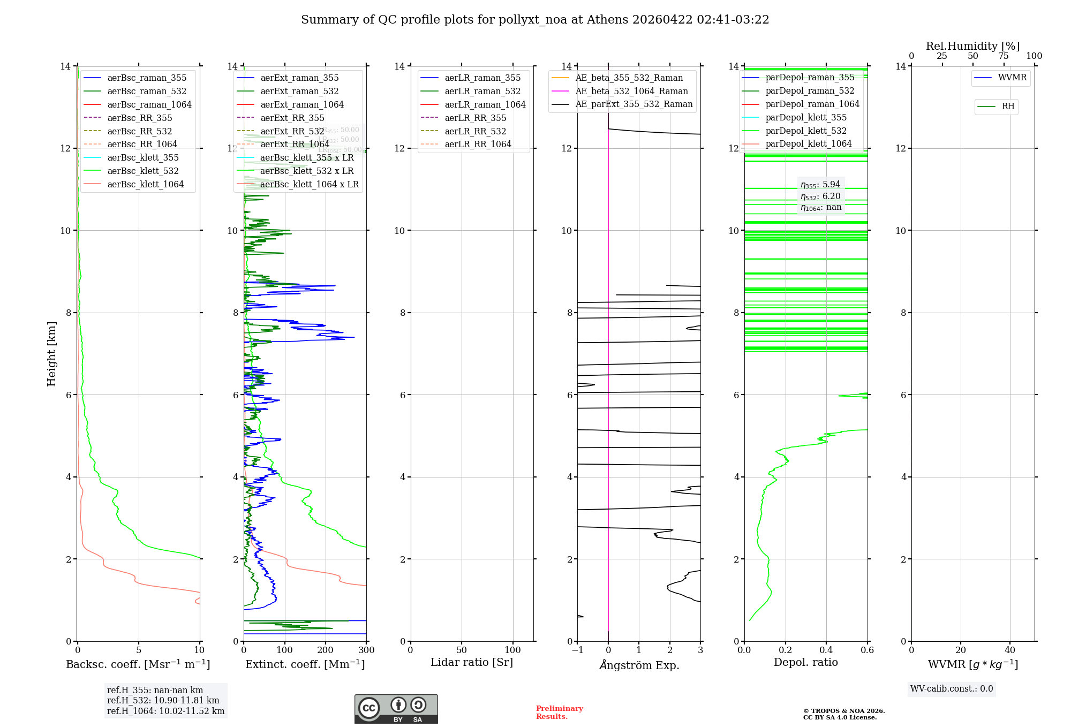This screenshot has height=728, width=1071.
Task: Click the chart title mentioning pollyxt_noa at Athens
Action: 535,20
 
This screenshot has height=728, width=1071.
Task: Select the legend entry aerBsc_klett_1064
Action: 145,184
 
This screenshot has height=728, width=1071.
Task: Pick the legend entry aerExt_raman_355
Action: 299,78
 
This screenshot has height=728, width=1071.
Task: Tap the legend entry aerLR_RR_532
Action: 475,131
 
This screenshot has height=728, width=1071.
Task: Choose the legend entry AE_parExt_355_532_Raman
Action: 633,104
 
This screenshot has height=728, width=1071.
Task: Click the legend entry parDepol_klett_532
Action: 805,131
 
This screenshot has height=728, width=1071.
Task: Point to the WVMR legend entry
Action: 1012,78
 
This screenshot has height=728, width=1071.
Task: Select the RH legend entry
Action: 1008,107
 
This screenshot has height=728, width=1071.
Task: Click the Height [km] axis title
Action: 51,353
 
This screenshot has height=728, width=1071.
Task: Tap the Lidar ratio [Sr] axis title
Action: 472,663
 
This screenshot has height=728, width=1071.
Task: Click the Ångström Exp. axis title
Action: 639,665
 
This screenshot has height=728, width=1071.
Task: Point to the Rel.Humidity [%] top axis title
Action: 972,46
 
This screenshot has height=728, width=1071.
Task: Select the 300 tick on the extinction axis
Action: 366,650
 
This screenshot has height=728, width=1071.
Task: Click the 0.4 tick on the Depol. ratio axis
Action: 826,650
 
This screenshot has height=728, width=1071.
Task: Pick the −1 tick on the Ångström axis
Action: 577,650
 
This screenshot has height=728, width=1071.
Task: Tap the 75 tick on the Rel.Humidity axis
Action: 1003,56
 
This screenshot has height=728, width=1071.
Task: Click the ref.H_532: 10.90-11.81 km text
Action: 163,701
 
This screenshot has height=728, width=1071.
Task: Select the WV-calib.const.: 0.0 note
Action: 952,689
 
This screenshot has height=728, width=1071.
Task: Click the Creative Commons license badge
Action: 396,709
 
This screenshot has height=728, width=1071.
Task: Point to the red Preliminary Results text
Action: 559,712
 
